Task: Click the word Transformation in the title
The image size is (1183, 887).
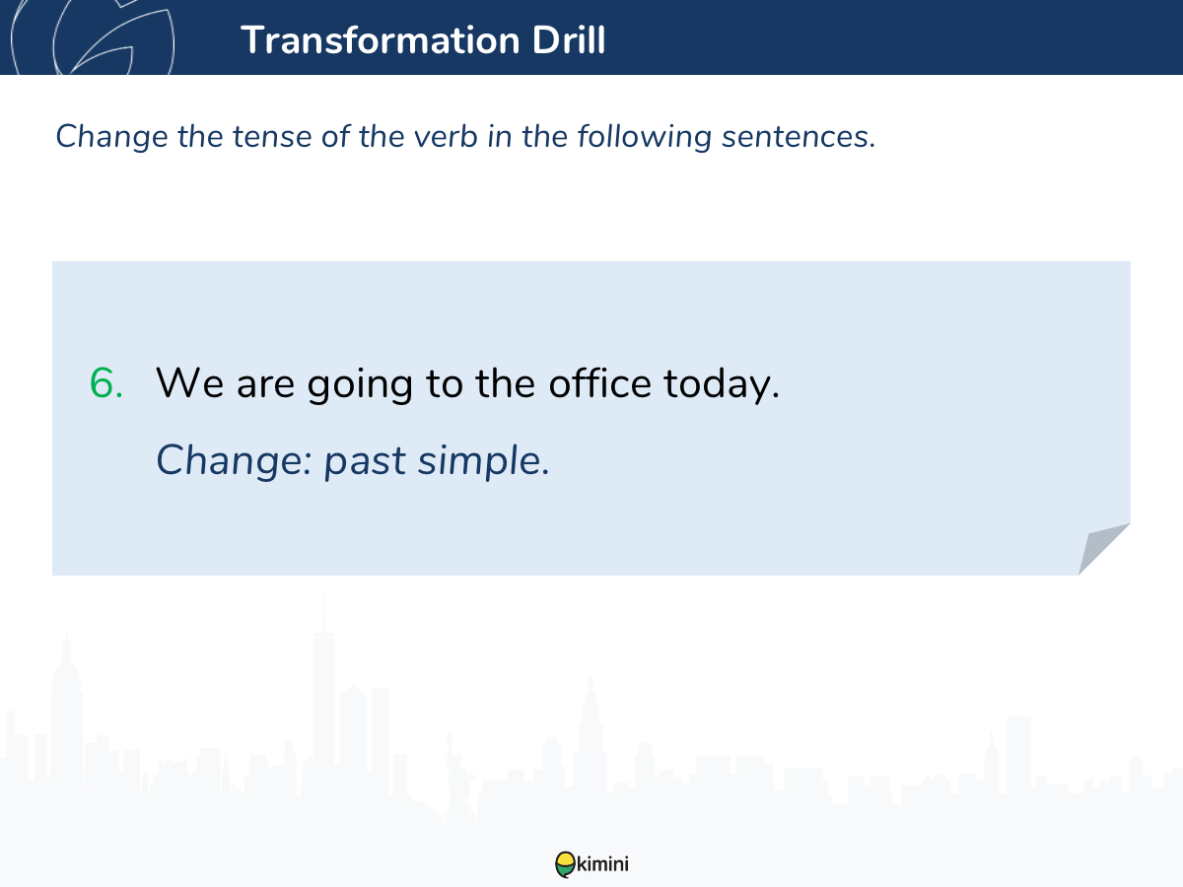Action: tap(381, 39)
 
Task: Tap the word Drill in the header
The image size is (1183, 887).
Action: tap(569, 39)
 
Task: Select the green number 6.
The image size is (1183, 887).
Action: tap(106, 383)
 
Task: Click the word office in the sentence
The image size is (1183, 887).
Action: tap(599, 382)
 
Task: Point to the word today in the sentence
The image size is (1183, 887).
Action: tap(722, 384)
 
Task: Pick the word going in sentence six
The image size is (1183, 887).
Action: tap(360, 385)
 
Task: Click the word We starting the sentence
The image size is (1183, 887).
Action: tap(189, 383)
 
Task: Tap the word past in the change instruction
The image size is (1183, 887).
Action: tap(365, 462)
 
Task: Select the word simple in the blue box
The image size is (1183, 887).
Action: tap(484, 461)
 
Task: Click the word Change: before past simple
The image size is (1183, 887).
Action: tap(234, 461)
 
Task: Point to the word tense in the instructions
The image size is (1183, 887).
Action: tap(272, 136)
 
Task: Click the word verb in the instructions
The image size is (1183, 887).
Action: tap(446, 136)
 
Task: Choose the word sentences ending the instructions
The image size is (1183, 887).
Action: tap(799, 137)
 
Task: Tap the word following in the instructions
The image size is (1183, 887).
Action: tap(645, 138)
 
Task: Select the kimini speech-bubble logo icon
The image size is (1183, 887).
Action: tap(565, 864)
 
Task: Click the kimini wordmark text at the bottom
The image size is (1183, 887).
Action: tap(602, 864)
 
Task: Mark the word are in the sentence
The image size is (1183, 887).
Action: tap(266, 385)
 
